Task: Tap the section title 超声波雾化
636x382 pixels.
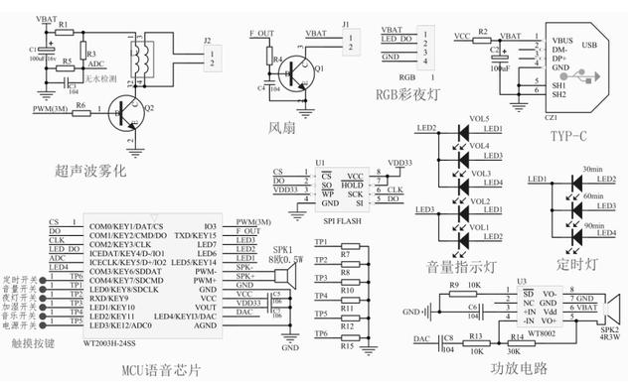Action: click(x=90, y=171)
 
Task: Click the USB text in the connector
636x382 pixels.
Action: click(x=588, y=46)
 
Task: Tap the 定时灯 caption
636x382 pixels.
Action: click(x=577, y=265)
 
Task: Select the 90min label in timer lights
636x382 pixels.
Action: click(x=592, y=227)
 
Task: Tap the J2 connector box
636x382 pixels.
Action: click(x=209, y=58)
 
